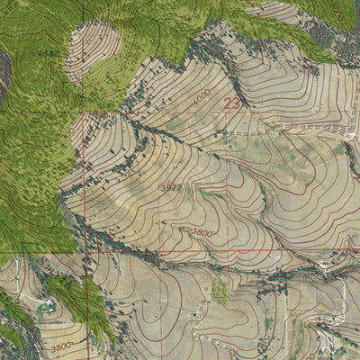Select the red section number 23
point(231,103)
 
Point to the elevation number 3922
point(170,187)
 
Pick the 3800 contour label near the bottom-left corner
point(61,346)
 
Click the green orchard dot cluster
point(220,291)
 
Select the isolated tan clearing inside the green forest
point(93,51)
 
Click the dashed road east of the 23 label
point(306,132)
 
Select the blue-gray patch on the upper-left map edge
point(4,76)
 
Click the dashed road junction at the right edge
point(353,135)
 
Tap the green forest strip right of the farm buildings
point(85,306)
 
